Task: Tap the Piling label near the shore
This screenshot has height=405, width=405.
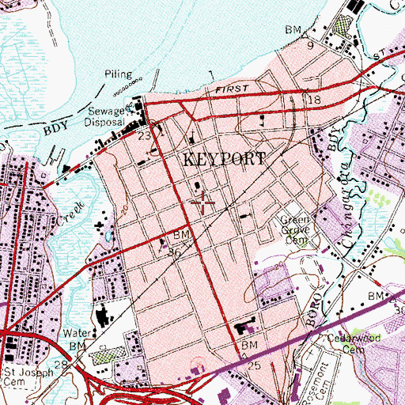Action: coord(119,75)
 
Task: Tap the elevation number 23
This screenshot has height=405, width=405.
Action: coord(143,135)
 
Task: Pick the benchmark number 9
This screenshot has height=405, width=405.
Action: coord(311,45)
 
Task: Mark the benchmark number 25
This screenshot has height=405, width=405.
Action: coord(253,369)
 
